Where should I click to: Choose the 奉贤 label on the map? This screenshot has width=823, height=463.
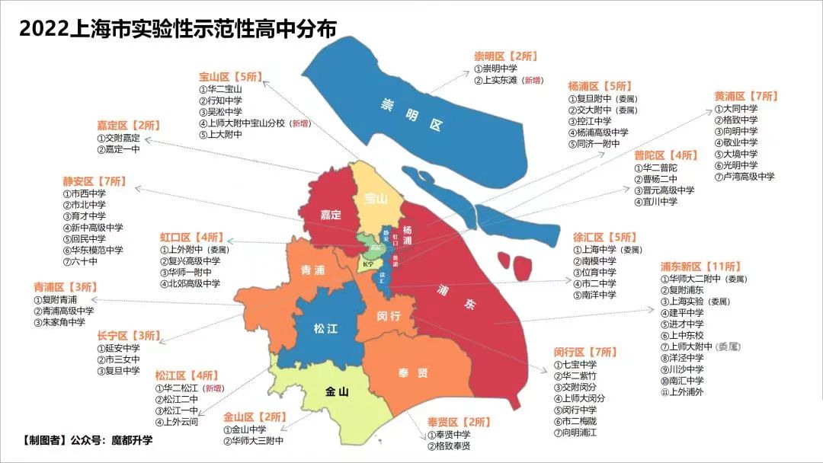click(x=412, y=373)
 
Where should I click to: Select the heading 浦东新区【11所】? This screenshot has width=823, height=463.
click(x=700, y=267)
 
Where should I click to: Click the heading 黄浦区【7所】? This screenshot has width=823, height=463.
click(x=746, y=96)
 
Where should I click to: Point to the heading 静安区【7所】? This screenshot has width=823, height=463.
click(x=95, y=182)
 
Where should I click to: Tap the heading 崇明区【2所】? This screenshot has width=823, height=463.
click(x=505, y=56)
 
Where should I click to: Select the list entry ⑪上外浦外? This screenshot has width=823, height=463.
click(x=682, y=392)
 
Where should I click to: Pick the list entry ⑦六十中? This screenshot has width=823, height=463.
click(x=81, y=261)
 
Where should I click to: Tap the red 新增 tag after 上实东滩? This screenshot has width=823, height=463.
click(x=533, y=79)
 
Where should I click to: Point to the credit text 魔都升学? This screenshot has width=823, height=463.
click(x=132, y=440)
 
